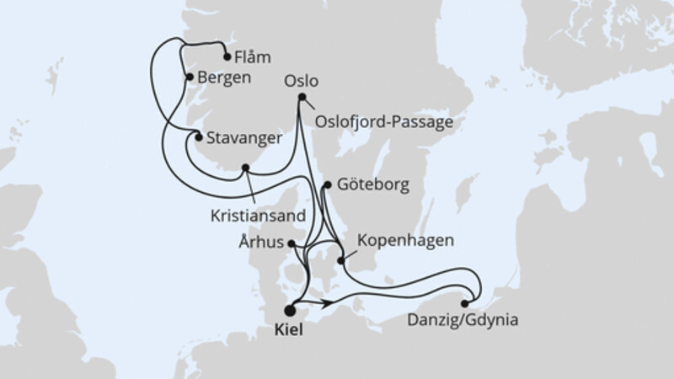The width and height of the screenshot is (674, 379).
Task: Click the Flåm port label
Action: [x=254, y=58]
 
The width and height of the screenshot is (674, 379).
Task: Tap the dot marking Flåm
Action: [x=227, y=57]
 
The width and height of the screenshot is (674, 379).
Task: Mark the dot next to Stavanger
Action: [x=199, y=136]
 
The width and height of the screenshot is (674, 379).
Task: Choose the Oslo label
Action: [x=302, y=82]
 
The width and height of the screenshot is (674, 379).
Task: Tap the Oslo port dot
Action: [x=302, y=97]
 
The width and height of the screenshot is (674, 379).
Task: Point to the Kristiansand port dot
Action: [x=245, y=167]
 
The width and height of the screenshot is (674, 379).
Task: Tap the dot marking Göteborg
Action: [x=327, y=183]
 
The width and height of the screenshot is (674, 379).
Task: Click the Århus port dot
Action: [x=292, y=244]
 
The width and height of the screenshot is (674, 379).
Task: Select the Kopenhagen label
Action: [x=406, y=241]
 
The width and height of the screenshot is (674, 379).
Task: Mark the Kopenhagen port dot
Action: [x=341, y=260]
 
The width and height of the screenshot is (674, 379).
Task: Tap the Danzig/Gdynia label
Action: [x=462, y=320]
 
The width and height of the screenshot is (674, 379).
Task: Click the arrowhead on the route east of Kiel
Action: [x=332, y=301]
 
